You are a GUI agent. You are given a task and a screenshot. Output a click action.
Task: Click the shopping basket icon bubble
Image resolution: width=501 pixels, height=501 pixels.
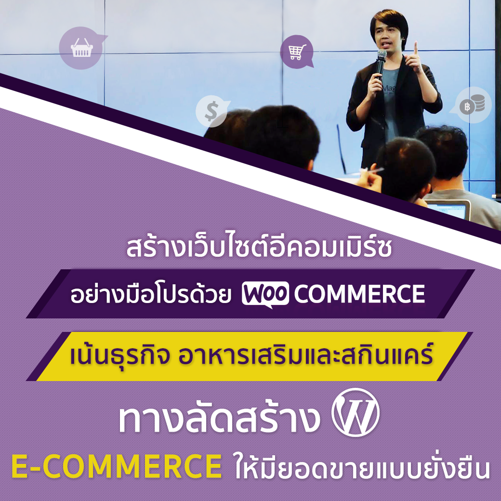click(82, 48)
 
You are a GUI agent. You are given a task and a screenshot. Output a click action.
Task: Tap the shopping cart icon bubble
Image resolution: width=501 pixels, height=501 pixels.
click(296, 52)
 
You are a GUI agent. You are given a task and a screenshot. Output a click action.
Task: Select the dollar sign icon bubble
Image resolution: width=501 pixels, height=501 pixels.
click(211, 111)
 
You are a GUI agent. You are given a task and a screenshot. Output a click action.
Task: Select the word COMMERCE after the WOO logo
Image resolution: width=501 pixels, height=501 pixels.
click(359, 294)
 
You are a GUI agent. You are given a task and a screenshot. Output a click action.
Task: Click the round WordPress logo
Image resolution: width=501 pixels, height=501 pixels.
click(356, 412)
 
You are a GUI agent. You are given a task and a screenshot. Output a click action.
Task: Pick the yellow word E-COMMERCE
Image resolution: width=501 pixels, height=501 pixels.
click(117, 466)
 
